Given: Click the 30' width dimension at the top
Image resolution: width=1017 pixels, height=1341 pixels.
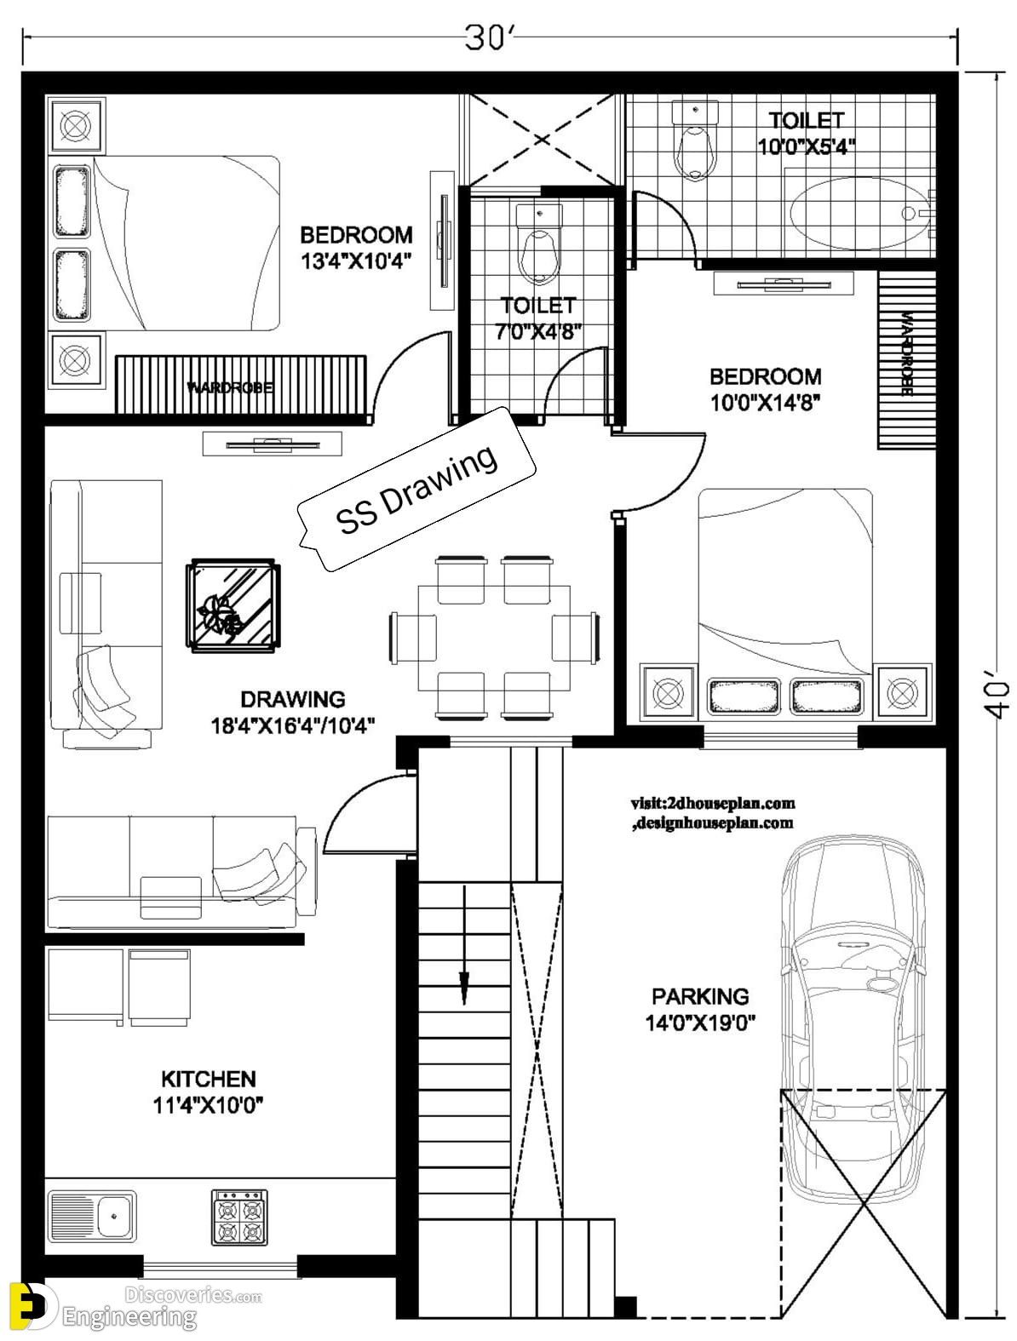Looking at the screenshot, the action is click(490, 38).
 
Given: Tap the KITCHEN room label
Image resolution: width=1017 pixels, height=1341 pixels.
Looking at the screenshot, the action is click(208, 1079).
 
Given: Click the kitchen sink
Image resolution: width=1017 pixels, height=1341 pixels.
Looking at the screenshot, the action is click(92, 1215).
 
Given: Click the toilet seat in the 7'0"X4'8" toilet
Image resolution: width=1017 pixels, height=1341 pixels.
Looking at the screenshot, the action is click(538, 244).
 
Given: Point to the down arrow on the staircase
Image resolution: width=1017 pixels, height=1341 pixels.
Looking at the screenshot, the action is click(464, 945).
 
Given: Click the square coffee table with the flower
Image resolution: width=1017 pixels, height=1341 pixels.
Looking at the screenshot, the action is click(233, 605).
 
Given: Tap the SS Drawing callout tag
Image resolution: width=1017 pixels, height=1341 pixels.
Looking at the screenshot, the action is click(417, 490).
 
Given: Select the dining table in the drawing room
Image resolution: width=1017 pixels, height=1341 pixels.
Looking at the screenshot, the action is click(494, 637).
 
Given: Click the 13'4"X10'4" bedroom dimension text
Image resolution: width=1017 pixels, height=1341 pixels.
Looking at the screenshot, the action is click(356, 261).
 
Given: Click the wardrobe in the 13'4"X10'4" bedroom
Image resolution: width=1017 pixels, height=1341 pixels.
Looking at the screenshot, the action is click(241, 385).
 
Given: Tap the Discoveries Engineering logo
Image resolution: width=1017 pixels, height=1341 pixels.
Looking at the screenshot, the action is click(135, 1304).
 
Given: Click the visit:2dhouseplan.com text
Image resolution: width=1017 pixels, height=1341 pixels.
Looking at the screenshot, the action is click(713, 803).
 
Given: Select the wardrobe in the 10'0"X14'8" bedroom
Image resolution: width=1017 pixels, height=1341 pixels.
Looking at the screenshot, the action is click(907, 360).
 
